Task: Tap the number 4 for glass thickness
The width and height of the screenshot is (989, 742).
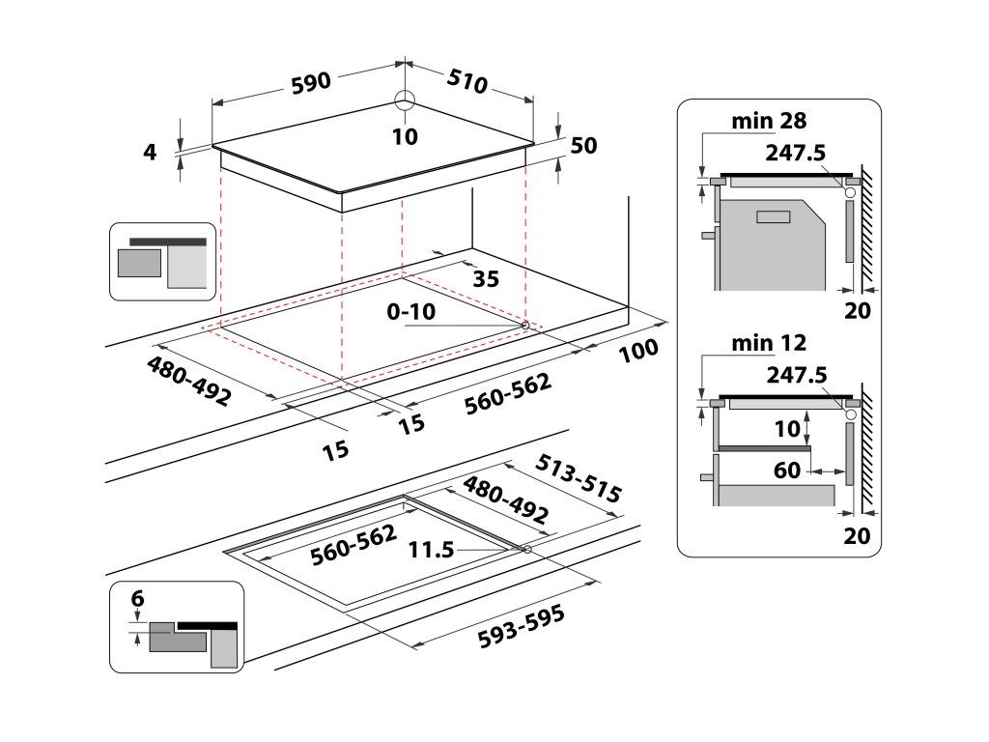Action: click(150, 152)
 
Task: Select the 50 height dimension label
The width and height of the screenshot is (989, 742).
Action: click(584, 146)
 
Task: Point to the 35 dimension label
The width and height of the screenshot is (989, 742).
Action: click(487, 279)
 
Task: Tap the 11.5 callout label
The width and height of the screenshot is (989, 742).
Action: click(431, 550)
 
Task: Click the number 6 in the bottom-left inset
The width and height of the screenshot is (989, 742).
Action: click(137, 598)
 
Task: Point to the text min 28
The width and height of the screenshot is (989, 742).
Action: click(769, 121)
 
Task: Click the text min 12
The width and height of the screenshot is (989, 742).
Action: click(769, 342)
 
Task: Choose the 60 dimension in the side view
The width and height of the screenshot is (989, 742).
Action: click(787, 471)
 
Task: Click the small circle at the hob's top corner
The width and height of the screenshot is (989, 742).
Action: click(404, 100)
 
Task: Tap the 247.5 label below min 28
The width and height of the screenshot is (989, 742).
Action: click(799, 153)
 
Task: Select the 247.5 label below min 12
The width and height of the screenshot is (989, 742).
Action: click(799, 374)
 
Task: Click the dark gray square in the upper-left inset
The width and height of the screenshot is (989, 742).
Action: click(139, 263)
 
